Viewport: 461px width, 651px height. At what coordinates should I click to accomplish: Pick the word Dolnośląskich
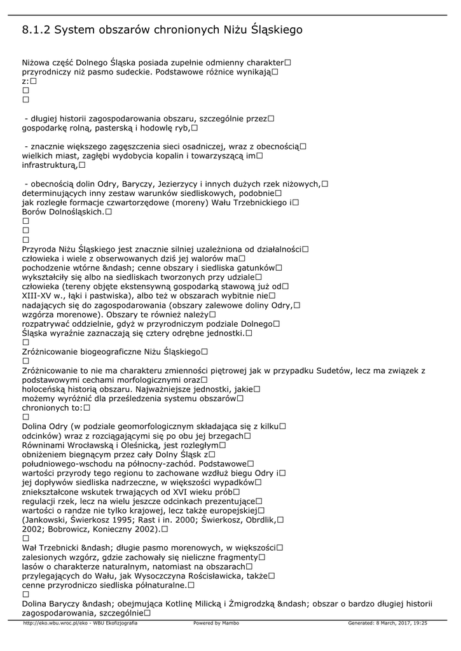(76, 212)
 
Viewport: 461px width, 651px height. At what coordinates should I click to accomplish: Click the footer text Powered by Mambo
(216, 624)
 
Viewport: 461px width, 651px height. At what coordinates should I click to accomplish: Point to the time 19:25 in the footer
(420, 624)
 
